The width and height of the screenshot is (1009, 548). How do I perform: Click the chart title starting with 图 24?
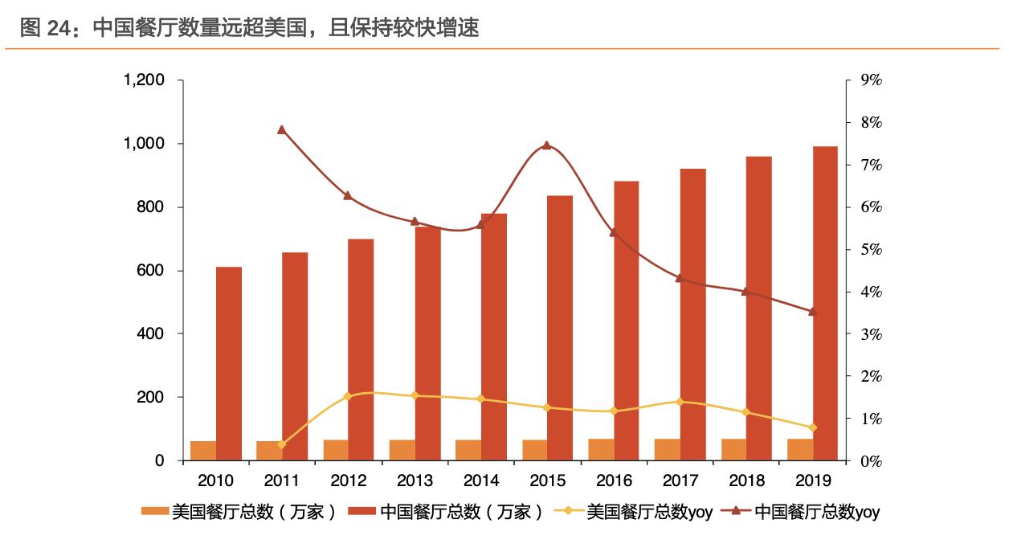249,28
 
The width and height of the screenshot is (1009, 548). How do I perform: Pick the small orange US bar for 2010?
203,451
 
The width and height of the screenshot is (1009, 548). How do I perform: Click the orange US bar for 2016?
601,450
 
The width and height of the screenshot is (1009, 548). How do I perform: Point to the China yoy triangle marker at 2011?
282,129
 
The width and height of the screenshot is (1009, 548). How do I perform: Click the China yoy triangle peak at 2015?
546,145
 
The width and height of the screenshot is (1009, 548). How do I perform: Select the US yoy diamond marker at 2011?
282,444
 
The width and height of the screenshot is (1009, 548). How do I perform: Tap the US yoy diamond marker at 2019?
812,427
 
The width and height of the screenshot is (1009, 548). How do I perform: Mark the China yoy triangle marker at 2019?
812,311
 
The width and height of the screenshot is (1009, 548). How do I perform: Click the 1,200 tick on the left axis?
145,80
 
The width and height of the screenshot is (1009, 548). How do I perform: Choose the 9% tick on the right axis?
872,80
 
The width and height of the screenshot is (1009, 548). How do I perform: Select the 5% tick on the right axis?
872,250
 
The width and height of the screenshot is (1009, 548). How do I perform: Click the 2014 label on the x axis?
480,481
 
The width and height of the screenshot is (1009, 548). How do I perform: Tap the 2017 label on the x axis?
680,481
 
